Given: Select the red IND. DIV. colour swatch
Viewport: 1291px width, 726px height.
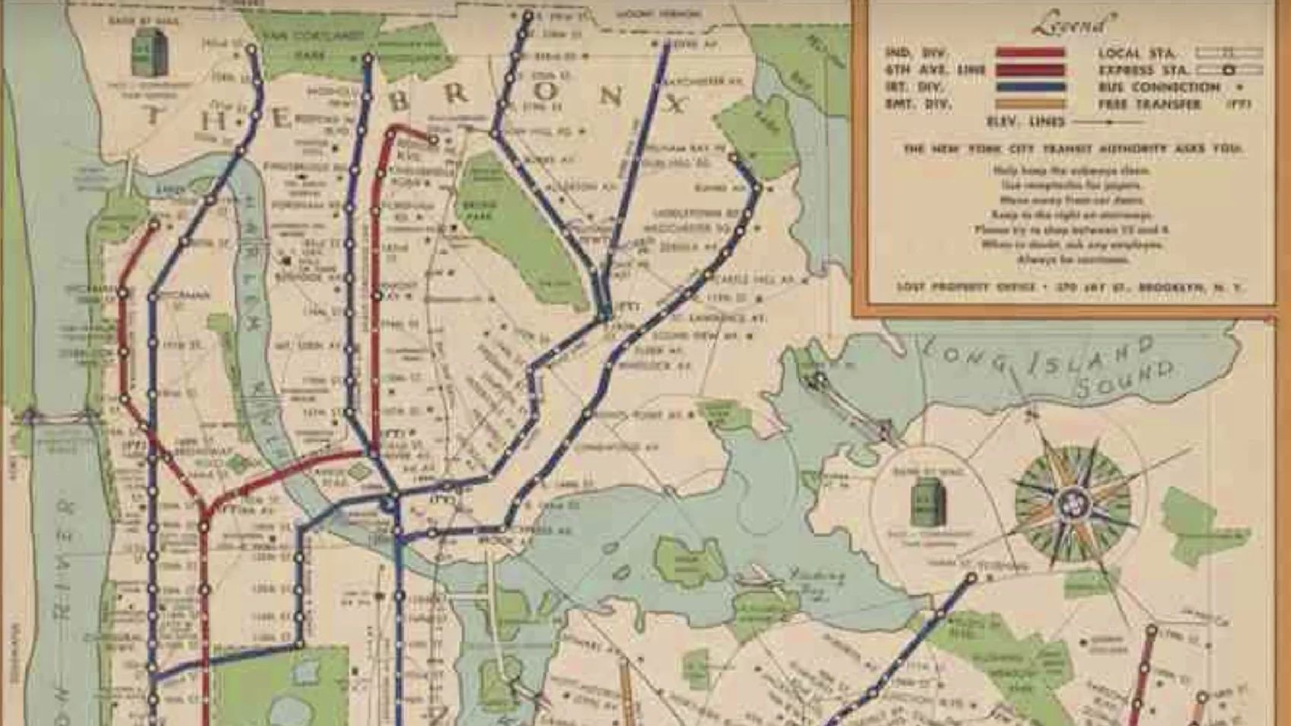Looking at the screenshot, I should tap(1030, 53).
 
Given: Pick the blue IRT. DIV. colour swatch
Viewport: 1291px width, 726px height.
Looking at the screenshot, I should tap(1030, 87).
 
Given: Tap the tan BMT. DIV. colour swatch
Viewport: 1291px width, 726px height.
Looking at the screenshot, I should tap(1030, 103).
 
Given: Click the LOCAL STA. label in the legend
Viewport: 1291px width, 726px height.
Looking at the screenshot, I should tap(1136, 53).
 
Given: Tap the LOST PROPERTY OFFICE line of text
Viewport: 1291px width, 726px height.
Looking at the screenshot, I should tap(1068, 288).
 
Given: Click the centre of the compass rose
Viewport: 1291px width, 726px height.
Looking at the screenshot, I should tap(1073, 502).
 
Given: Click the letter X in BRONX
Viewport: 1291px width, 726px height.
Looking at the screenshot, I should tap(674, 103).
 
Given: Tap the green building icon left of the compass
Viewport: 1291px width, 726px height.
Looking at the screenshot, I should tap(928, 504).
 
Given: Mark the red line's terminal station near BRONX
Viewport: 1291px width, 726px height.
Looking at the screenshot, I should tap(433, 139).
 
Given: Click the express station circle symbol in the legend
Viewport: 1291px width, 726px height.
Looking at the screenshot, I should tap(1228, 70).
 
